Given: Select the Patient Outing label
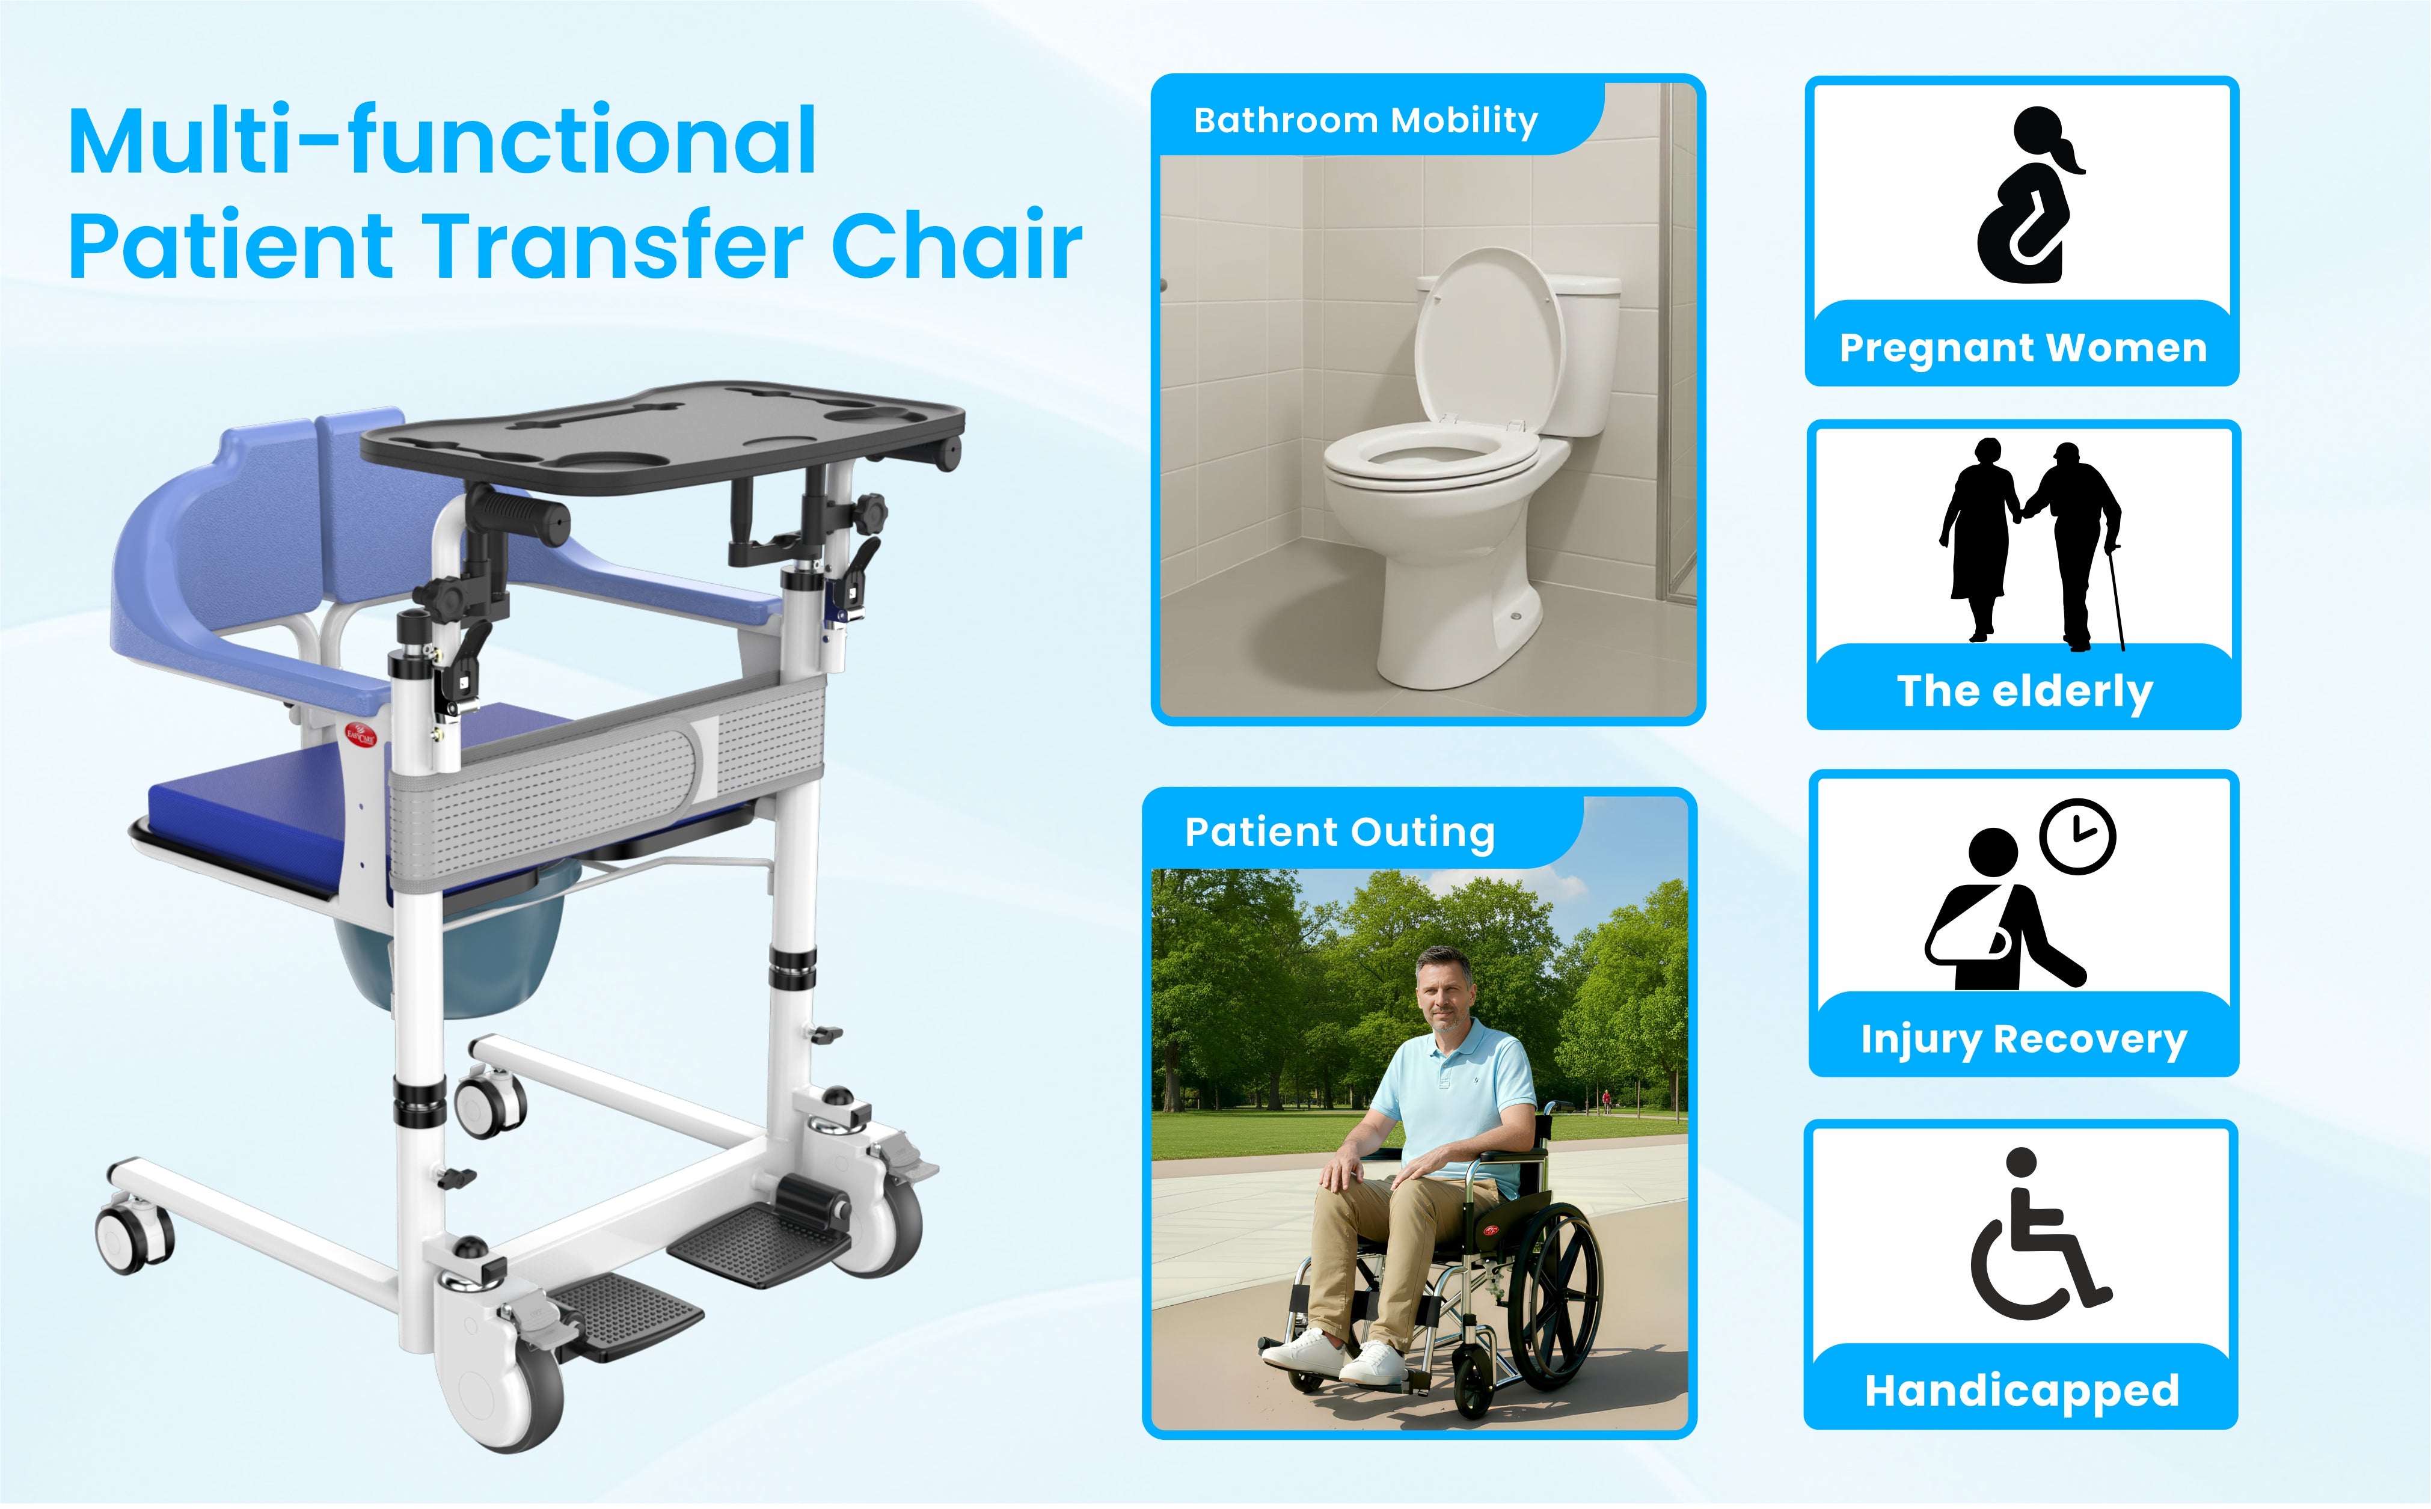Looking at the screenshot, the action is (x=1339, y=832).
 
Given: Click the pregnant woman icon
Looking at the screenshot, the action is (x=2030, y=195).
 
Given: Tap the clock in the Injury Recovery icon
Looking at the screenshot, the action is (x=2077, y=836).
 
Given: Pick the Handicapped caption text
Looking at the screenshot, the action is (x=2022, y=1390).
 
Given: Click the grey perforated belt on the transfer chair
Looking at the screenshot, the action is (x=607, y=780).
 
